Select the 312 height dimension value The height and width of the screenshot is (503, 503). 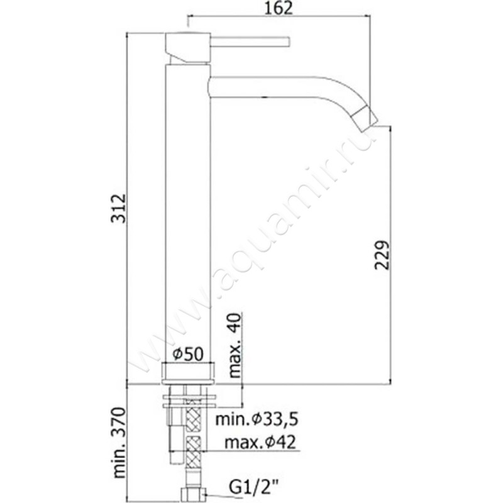tap(119, 208)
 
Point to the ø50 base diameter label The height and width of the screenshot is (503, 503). tap(188, 355)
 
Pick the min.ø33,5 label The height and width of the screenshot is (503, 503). tap(257, 419)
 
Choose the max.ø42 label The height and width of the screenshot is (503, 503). tap(260, 443)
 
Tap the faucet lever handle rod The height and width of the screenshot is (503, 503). tap(250, 41)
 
